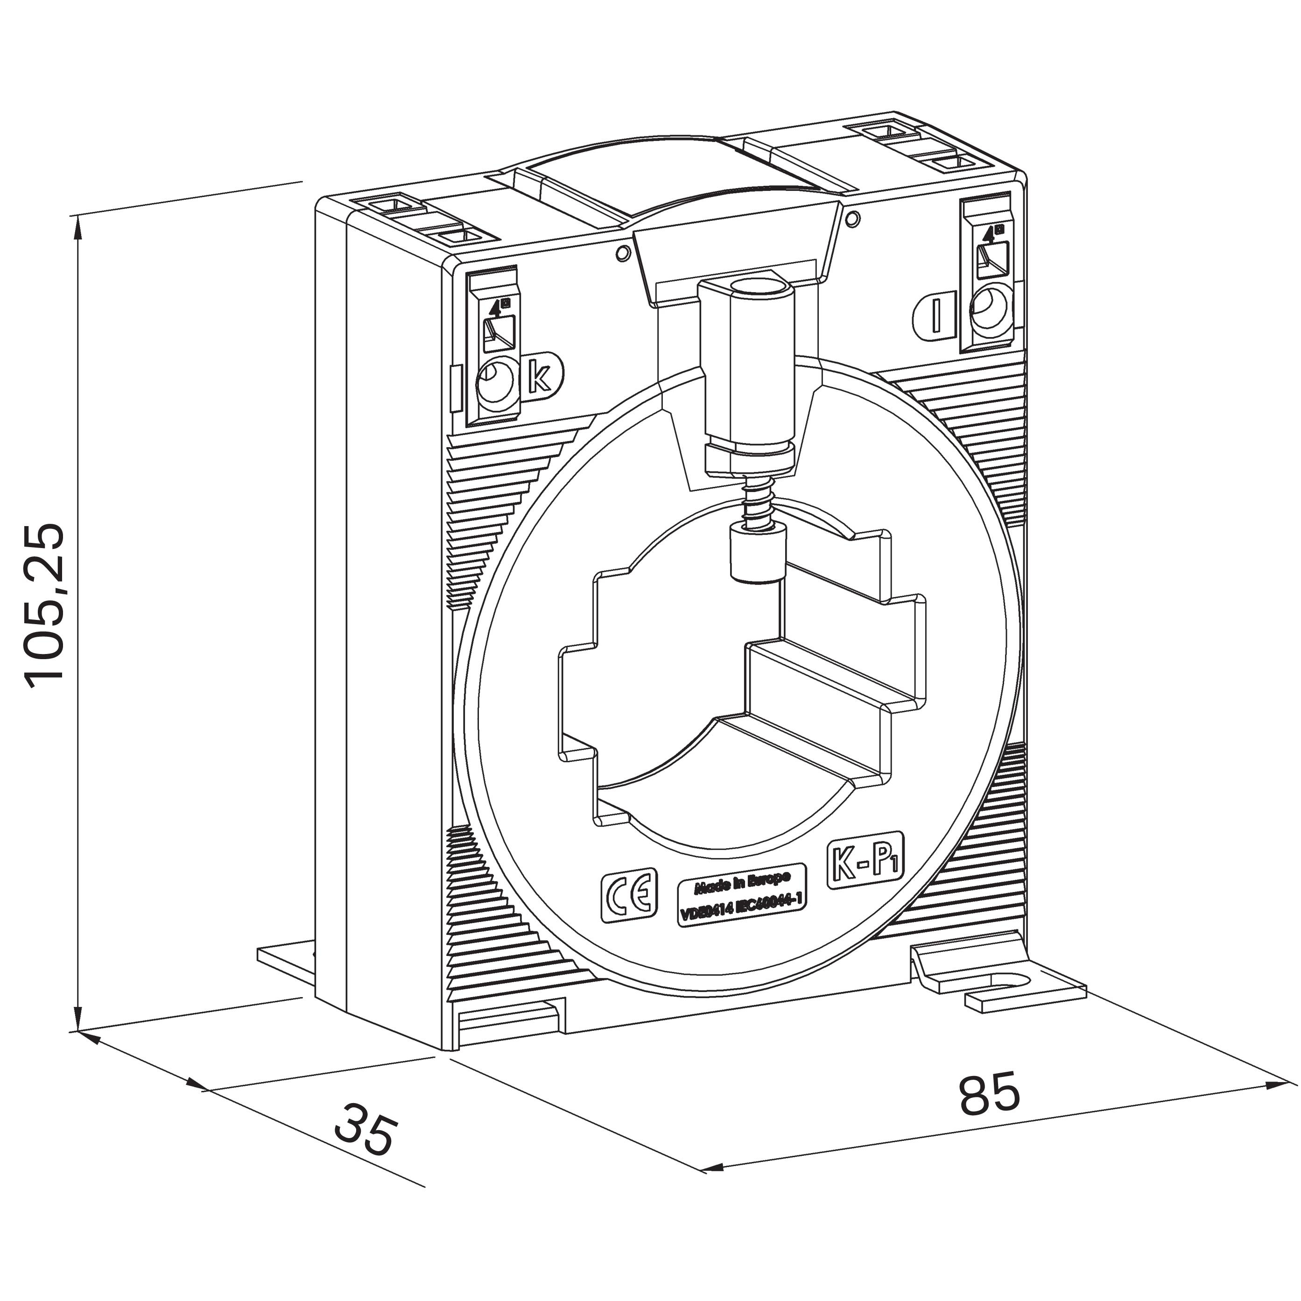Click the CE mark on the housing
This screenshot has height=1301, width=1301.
[628, 893]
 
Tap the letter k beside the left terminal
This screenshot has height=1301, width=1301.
[540, 378]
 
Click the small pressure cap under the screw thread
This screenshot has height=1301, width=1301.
[758, 554]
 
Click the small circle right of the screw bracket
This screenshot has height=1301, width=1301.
[852, 219]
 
